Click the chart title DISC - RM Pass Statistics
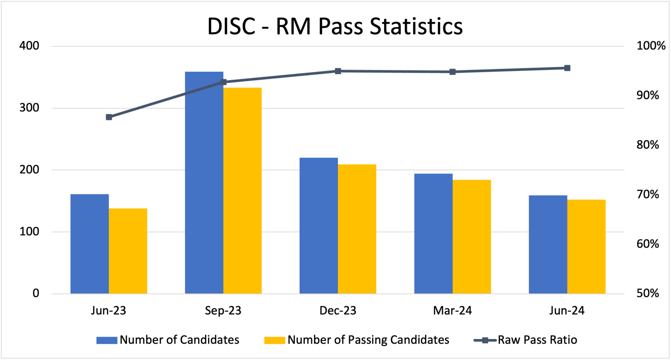[x=335, y=26]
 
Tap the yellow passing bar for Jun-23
[x=128, y=251]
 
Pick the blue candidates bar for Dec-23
[x=318, y=226]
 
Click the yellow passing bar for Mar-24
[x=472, y=237]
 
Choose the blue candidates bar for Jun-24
[x=548, y=244]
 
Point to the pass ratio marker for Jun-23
[x=109, y=117]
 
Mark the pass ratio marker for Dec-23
[x=338, y=71]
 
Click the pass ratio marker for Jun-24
[x=567, y=68]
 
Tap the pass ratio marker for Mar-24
[x=452, y=72]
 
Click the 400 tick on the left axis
[x=29, y=46]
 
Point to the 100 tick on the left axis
[x=29, y=232]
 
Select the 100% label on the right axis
[x=651, y=46]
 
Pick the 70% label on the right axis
[x=648, y=194]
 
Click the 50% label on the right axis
[x=648, y=293]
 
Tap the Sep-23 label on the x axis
[x=223, y=311]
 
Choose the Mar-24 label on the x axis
[x=452, y=311]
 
